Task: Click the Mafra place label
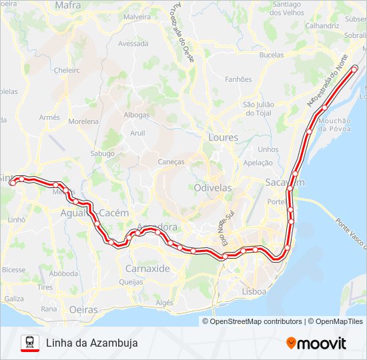coord(68,5)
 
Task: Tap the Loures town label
coord(223,137)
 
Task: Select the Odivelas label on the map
coord(213,188)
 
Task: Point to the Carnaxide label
coord(147,269)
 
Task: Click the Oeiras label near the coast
coord(83,309)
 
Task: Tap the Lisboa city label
coord(254,291)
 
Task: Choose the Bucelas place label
coord(271,55)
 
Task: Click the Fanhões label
coord(238,79)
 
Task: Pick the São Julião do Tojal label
coord(259,109)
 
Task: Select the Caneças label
coord(171,162)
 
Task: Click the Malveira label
coord(137,17)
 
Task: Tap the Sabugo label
coord(103,153)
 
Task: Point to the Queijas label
coord(131,282)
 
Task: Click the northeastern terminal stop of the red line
coord(354,68)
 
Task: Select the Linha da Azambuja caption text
coord(92,343)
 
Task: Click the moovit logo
coord(316,343)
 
